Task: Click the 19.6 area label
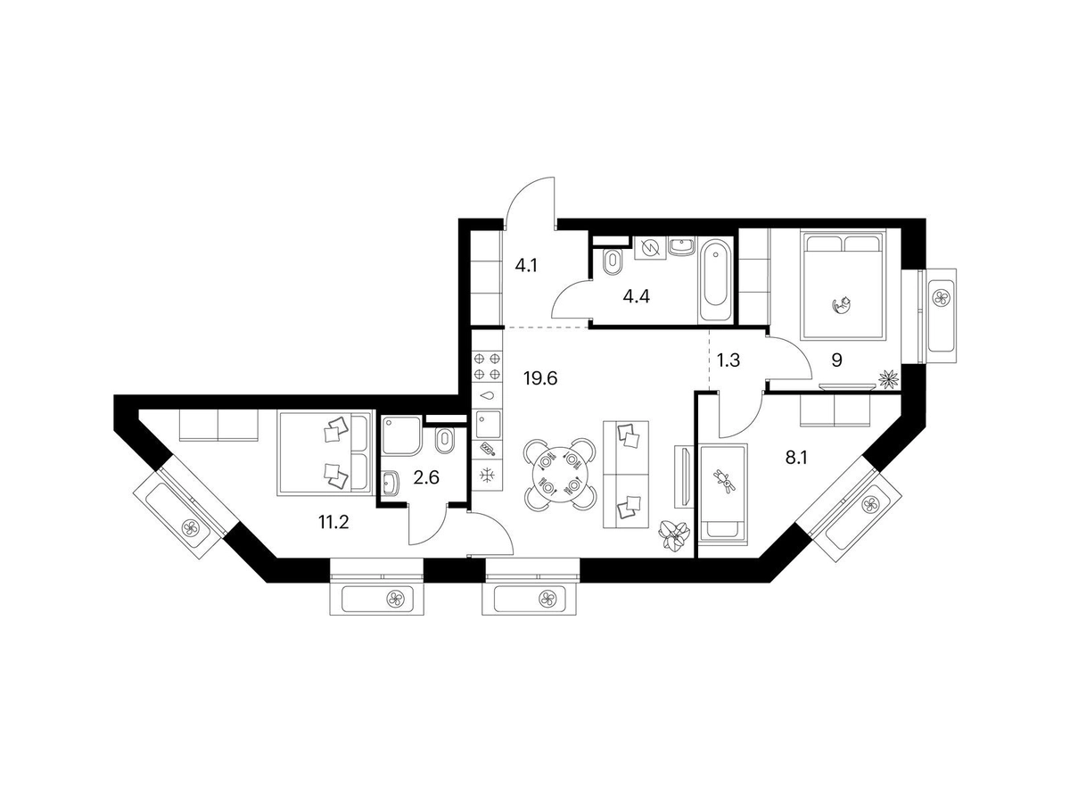tap(539, 377)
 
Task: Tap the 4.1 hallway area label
tap(526, 266)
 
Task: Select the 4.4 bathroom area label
tap(637, 296)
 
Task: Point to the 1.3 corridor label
tap(728, 360)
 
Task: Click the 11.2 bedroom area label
tap(333, 522)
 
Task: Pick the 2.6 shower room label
tap(426, 477)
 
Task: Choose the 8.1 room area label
tap(796, 458)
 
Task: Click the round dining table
tap(560, 474)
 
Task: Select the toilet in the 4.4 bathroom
tap(611, 262)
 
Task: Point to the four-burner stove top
tap(487, 366)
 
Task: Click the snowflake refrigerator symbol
tap(487, 476)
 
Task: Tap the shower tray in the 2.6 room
tap(400, 435)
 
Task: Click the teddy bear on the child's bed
tap(725, 482)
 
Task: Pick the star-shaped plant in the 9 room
tap(888, 380)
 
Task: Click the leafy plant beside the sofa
tap(674, 534)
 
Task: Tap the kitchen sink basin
tap(487, 424)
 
